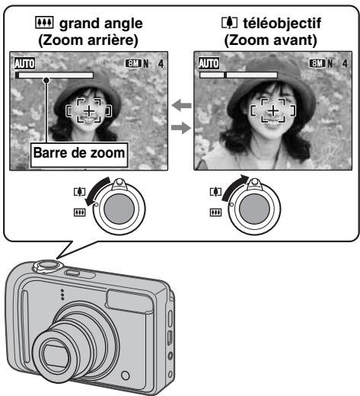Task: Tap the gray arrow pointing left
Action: [180, 107]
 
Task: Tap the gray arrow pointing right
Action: [180, 127]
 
